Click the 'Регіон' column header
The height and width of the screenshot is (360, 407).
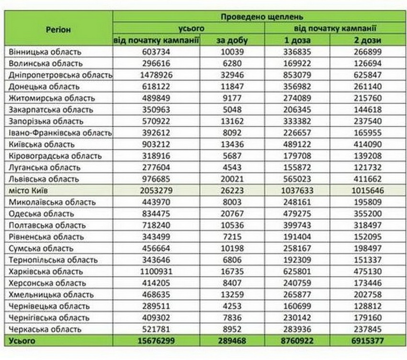(x=58, y=29)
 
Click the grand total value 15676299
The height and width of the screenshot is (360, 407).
(x=156, y=340)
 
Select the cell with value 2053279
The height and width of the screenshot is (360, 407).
(x=156, y=191)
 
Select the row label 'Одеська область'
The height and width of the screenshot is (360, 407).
(x=41, y=214)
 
